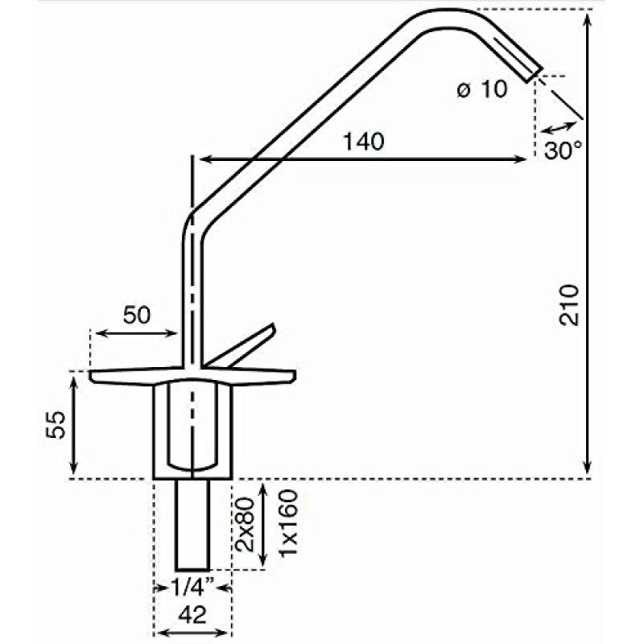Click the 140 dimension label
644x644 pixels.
(363, 142)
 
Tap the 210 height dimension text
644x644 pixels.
(571, 304)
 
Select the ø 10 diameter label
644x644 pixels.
(482, 89)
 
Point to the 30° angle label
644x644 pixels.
(562, 150)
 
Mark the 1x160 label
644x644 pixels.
(289, 522)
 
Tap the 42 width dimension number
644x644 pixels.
(192, 616)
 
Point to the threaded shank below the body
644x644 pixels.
(193, 523)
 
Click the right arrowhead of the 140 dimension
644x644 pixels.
(523, 159)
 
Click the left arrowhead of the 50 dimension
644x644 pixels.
(97, 333)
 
